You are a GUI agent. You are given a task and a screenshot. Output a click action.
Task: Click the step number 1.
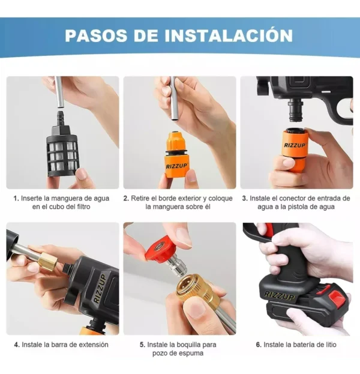pyautogui.click(x=16, y=198)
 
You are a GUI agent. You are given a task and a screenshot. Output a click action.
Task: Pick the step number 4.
pyautogui.click(x=16, y=345)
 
